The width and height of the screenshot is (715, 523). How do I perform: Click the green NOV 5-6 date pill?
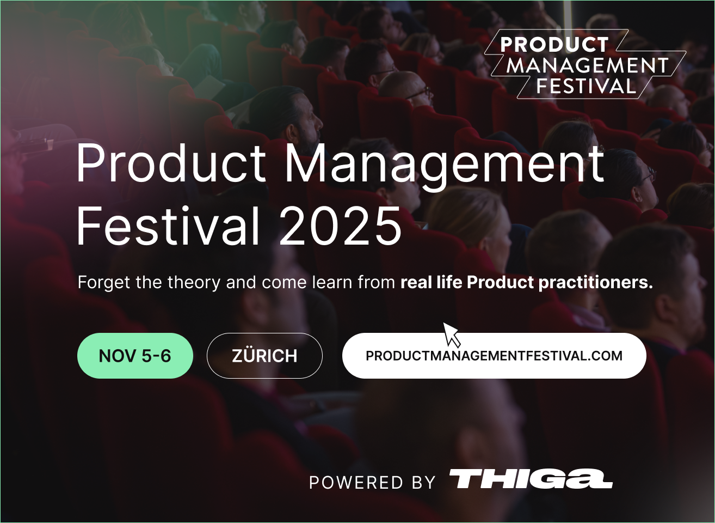(x=135, y=356)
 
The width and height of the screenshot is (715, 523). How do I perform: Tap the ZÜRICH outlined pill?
(x=264, y=356)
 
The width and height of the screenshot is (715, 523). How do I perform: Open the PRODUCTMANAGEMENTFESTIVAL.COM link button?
(x=494, y=356)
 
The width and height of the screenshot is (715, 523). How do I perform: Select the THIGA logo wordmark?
(x=531, y=478)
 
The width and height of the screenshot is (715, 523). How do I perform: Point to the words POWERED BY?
(x=372, y=483)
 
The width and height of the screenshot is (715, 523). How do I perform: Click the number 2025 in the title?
(x=340, y=226)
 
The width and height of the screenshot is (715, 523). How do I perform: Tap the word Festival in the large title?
(x=168, y=226)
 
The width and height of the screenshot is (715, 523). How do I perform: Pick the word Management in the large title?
(x=444, y=166)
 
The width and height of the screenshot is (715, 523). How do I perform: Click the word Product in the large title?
(x=171, y=163)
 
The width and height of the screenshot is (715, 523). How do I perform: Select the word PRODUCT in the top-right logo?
(x=554, y=45)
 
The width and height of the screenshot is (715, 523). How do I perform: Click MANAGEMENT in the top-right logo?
(x=587, y=65)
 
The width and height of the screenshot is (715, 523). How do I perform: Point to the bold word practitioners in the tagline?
(x=596, y=283)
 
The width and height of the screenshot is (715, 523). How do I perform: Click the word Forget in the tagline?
(x=104, y=283)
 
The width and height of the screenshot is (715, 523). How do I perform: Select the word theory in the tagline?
(x=194, y=283)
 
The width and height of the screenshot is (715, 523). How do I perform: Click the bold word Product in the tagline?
(x=500, y=282)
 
